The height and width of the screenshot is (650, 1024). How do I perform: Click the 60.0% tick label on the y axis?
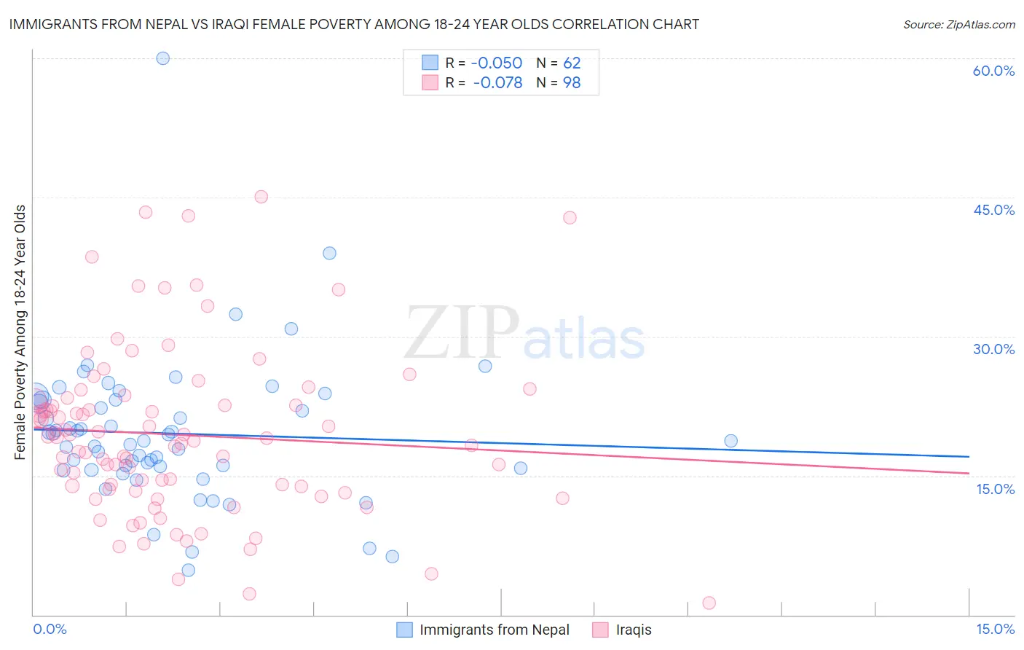tap(993, 71)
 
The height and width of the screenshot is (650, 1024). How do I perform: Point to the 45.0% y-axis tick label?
tap(993, 210)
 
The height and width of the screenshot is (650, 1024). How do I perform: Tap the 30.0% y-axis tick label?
tap(993, 349)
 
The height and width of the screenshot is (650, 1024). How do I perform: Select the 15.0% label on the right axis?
tap(995, 489)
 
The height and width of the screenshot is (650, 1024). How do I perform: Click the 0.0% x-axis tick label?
tap(50, 629)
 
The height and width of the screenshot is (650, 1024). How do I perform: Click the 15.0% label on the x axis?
tap(995, 629)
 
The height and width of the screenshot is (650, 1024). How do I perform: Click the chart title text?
tap(354, 24)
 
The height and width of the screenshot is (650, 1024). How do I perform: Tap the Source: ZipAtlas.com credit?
tap(958, 24)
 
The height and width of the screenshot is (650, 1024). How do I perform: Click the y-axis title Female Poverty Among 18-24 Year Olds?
tap(20, 332)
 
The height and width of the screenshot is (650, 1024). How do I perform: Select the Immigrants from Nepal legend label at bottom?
tap(495, 630)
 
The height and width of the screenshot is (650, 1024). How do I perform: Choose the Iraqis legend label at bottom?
tap(634, 630)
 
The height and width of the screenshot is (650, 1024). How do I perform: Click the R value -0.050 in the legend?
tap(497, 63)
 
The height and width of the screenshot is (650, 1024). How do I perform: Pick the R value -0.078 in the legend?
tap(497, 83)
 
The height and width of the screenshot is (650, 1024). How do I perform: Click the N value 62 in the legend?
tap(572, 63)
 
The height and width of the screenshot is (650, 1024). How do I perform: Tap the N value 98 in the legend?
tap(572, 83)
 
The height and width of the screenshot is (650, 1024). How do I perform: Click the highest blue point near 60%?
tap(163, 58)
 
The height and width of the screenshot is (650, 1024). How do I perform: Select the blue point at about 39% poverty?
tap(329, 253)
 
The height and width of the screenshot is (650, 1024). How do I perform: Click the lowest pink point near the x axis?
tap(709, 603)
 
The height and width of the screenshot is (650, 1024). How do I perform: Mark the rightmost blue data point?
tap(730, 441)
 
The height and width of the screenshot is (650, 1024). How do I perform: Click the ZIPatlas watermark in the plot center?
tap(524, 334)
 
